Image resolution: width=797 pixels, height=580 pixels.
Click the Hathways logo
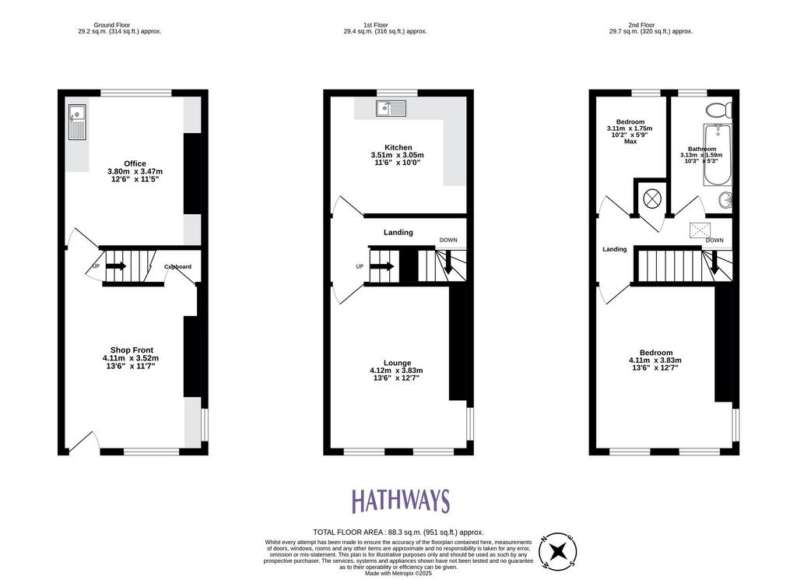pos(401,501)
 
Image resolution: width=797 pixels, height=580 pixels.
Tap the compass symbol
pos(557,550)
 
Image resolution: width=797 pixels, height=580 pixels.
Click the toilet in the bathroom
pos(718,109)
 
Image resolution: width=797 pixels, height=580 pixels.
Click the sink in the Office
pos(77,122)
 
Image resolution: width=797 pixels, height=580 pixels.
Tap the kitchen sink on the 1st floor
pos(391,108)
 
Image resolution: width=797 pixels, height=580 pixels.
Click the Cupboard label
pos(177,267)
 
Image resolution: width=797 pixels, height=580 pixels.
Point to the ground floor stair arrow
pos(116,265)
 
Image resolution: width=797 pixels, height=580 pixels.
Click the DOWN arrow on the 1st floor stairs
pos(448,262)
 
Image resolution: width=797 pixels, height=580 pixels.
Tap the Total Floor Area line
pos(398,533)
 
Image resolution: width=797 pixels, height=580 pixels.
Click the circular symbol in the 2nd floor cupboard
pos(652,198)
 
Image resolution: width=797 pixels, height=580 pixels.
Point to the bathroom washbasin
pos(725,201)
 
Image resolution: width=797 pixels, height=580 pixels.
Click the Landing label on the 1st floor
pos(398,232)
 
